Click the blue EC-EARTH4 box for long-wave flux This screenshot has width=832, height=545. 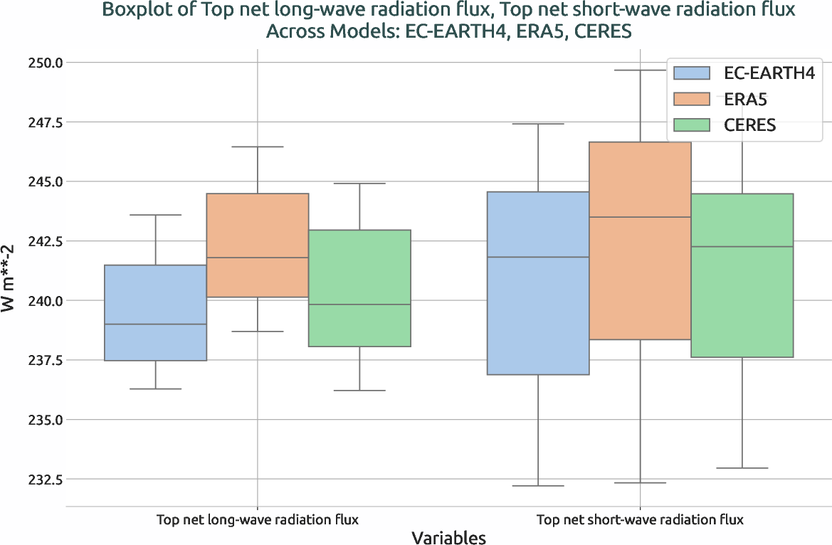click(x=155, y=313)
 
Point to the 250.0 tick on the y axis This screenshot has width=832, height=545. click(x=43, y=63)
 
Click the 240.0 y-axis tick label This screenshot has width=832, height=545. click(x=43, y=301)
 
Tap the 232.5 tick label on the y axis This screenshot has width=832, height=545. click(x=43, y=480)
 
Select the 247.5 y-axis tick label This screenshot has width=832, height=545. click(x=43, y=122)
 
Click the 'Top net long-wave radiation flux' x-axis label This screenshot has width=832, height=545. click(x=258, y=520)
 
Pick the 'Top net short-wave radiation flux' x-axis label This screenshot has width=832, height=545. click(x=640, y=520)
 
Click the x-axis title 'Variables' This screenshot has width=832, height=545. click(x=448, y=538)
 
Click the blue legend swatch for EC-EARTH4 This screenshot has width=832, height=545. click(x=692, y=73)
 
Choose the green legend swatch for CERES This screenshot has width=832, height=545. click(x=692, y=125)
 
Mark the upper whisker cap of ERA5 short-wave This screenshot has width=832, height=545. click(x=640, y=70)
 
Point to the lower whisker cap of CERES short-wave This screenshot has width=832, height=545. click(x=742, y=468)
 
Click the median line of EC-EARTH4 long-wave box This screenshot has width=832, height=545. click(x=155, y=324)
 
